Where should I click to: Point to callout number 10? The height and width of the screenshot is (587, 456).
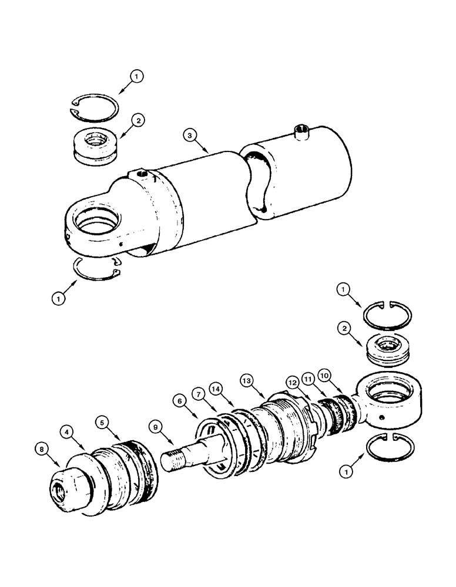click(x=324, y=374)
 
